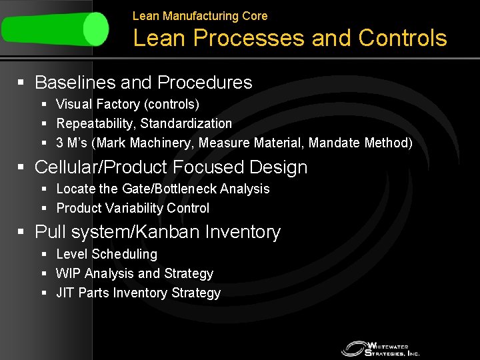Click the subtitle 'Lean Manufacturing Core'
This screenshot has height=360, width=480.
click(199, 15)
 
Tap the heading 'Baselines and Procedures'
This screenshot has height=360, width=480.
click(143, 83)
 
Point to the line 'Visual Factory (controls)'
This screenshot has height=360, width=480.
click(127, 104)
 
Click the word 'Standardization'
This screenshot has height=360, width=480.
click(186, 123)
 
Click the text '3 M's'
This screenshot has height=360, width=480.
click(73, 143)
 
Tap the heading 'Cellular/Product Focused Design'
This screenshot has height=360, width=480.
click(171, 167)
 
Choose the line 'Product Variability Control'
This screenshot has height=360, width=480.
click(133, 208)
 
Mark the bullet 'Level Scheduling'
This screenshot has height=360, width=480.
click(107, 254)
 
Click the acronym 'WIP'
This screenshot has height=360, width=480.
click(67, 273)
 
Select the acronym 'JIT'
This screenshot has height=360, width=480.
click(65, 293)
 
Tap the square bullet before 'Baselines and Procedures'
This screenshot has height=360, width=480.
click(21, 83)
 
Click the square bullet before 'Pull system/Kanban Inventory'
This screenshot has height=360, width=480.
click(21, 232)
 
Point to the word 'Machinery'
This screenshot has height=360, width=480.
click(159, 143)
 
